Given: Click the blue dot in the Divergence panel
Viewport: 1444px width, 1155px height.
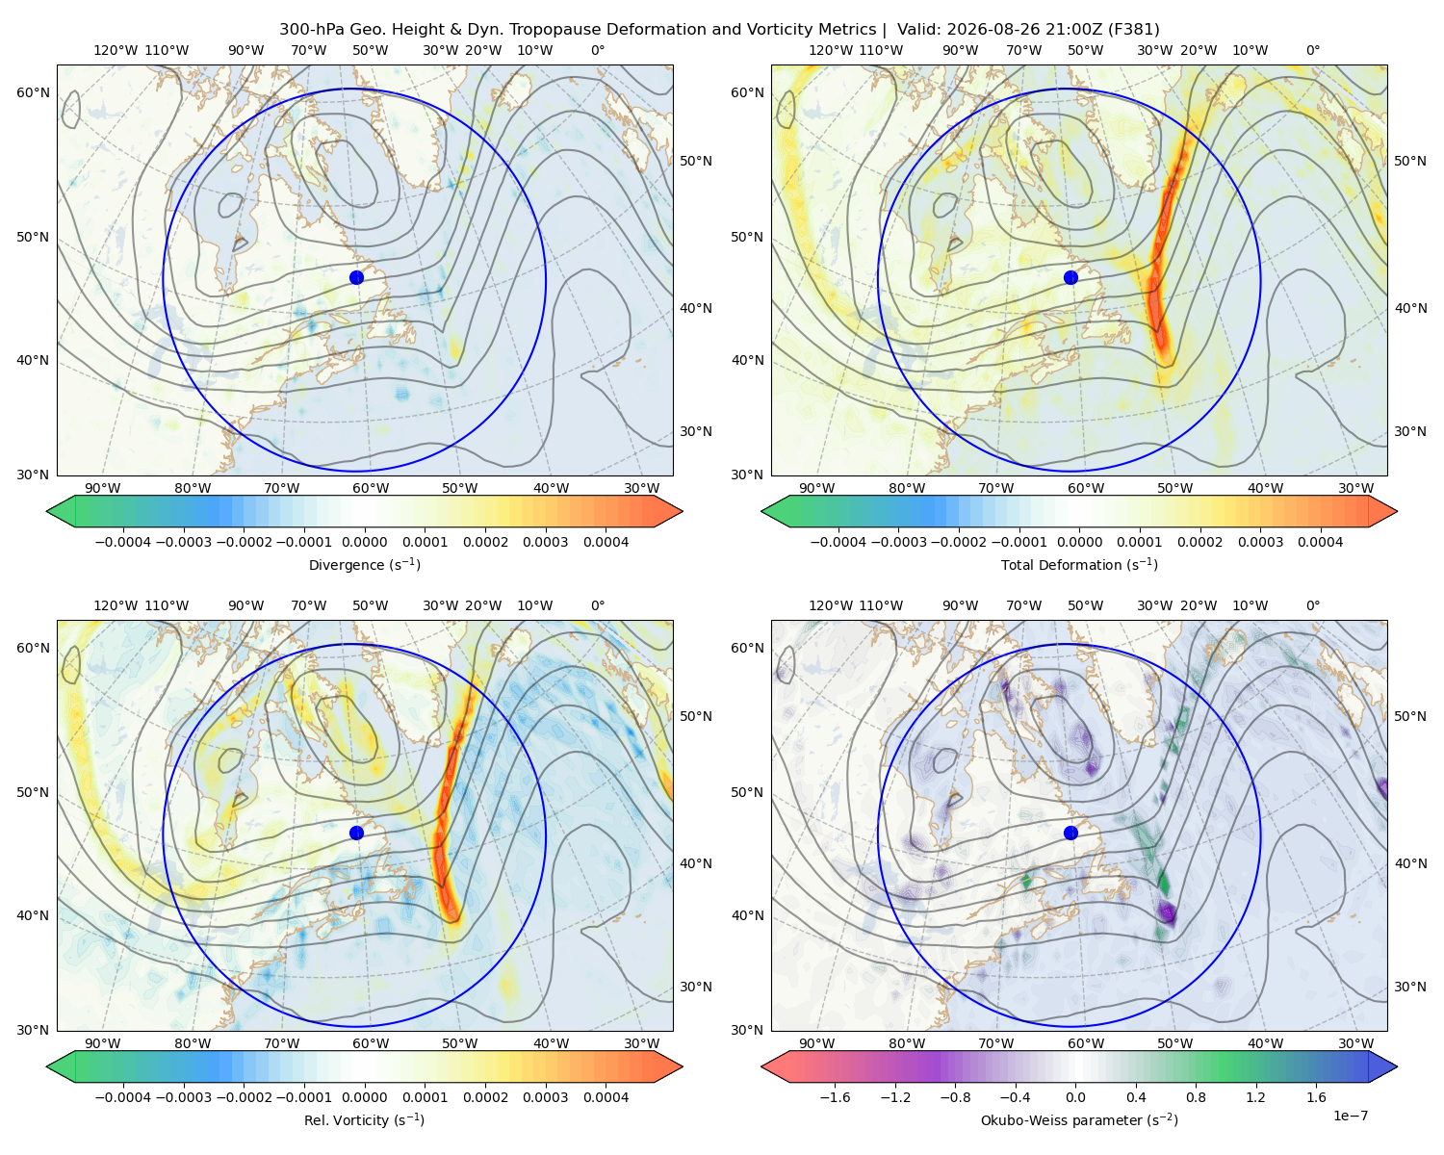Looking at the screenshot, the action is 356,277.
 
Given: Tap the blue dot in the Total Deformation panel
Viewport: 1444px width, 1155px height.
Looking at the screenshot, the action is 1070,277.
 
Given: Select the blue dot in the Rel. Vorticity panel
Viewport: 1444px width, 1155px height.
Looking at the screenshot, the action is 356,833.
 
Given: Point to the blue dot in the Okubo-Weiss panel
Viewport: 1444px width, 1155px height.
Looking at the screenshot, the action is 1070,833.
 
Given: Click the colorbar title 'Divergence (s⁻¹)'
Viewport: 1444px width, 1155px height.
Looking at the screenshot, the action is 364,564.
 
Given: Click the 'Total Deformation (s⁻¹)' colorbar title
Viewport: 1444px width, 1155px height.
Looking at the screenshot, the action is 1079,564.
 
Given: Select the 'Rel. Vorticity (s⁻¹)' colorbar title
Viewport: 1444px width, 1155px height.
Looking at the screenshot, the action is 364,1119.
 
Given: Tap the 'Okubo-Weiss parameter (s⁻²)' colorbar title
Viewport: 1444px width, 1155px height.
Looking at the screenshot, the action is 1079,1119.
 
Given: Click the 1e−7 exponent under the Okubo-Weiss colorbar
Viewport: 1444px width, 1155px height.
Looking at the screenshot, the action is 1350,1116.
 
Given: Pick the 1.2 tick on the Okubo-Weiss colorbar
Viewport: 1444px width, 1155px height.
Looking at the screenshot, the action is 1255,1097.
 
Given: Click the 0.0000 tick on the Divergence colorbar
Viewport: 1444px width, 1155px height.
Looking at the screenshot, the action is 364,542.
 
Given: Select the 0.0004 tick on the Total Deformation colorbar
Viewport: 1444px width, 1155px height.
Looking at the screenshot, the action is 1320,542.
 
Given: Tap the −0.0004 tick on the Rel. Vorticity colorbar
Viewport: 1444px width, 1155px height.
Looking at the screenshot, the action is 123,1097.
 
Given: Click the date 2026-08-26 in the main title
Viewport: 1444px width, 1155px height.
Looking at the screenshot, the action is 986,30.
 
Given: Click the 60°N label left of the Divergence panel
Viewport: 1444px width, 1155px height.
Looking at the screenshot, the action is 33,92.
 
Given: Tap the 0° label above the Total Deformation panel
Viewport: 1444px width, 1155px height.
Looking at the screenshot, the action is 1312,50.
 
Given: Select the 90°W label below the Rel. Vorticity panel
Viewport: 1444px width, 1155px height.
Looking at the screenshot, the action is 103,1043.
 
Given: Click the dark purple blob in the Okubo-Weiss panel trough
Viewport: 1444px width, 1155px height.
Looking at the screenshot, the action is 1167,912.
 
